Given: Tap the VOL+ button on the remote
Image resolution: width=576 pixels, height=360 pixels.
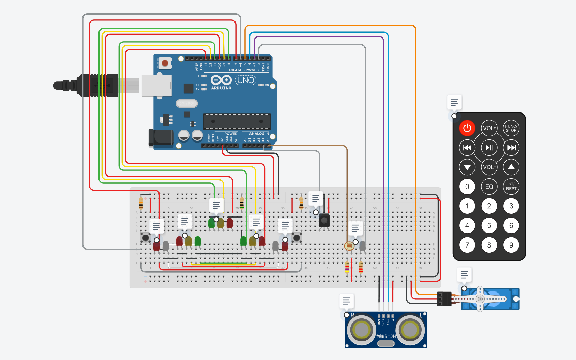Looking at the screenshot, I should (x=489, y=128).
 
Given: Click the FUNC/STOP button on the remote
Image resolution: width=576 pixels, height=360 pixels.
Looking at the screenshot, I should (x=511, y=128).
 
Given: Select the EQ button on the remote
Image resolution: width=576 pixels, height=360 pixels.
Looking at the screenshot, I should (x=489, y=186).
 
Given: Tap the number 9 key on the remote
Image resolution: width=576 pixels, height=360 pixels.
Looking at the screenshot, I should (x=511, y=245).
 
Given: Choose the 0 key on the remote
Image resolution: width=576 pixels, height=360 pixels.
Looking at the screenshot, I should (x=467, y=186).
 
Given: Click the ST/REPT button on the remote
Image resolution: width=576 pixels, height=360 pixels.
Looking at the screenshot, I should (x=511, y=186).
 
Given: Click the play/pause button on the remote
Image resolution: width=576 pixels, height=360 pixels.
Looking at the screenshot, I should (x=489, y=148).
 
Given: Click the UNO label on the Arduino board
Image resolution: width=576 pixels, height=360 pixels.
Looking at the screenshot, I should (x=245, y=80).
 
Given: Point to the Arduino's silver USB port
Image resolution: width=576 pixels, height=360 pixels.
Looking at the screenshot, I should (x=156, y=86).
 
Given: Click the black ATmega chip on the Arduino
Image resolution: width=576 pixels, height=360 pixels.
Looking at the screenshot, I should (x=237, y=121).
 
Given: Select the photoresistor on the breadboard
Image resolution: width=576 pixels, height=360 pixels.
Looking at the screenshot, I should (x=349, y=246).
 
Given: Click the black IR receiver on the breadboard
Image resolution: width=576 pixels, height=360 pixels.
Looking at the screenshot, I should (x=324, y=220).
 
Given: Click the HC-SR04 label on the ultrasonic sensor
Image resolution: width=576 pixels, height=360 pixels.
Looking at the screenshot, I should (x=386, y=336).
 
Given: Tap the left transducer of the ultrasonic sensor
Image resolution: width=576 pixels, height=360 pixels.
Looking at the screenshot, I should (x=361, y=330).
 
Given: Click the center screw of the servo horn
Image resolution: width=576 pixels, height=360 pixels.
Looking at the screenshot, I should (x=480, y=299).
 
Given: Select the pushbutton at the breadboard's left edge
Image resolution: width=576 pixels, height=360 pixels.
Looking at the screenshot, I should (x=146, y=237).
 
